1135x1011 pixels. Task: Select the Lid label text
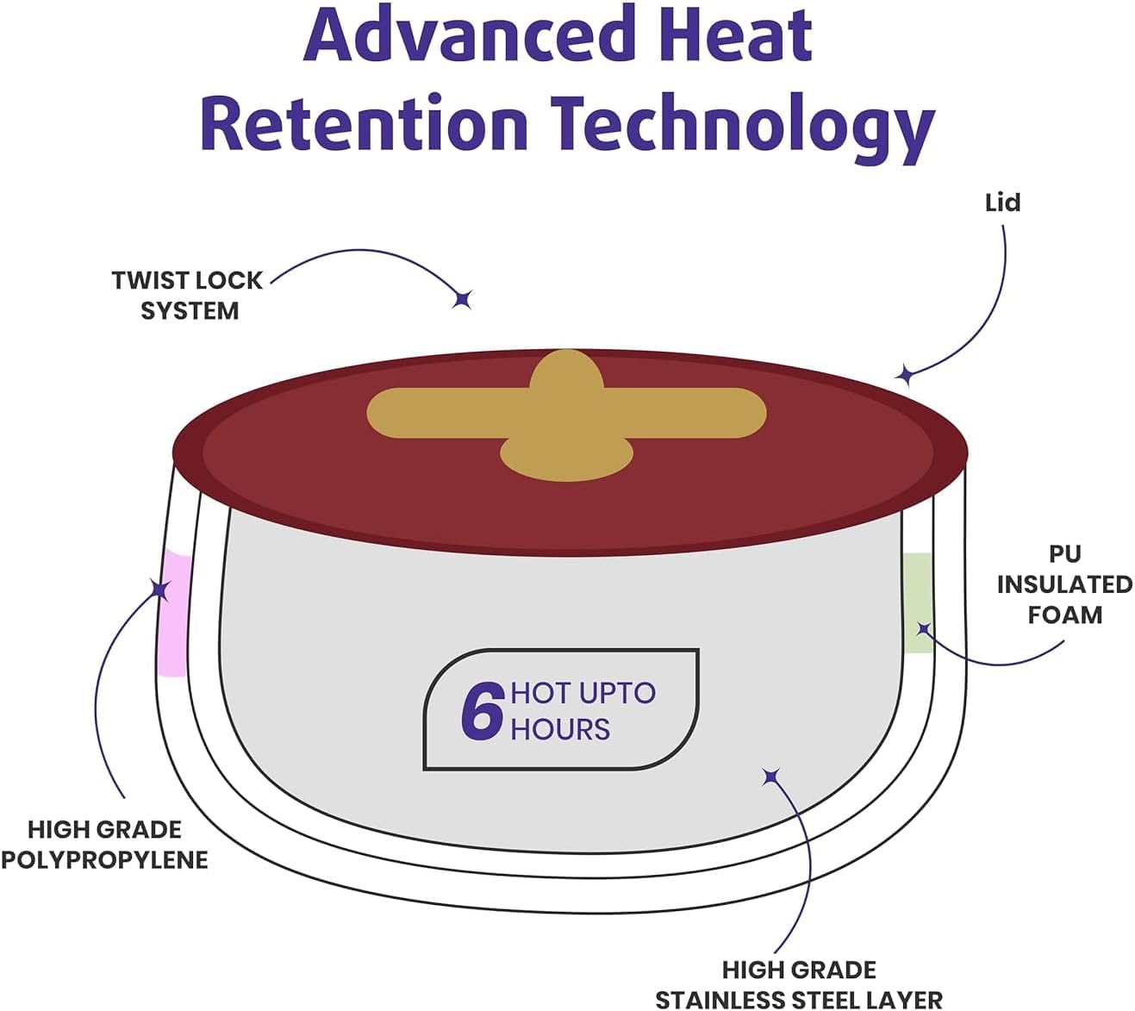point(1002,203)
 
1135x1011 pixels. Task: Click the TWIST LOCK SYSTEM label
point(188,296)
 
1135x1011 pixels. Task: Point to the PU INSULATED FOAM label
point(1064,584)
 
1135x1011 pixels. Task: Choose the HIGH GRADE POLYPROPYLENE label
point(105,845)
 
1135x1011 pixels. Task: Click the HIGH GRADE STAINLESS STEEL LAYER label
point(799,984)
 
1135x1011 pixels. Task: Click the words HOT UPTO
point(583,693)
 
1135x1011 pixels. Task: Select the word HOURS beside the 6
point(560,730)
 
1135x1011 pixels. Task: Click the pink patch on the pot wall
point(173,615)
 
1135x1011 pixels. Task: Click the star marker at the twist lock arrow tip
point(463,299)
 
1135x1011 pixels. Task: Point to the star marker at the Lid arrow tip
point(905,374)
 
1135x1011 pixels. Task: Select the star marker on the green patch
point(924,629)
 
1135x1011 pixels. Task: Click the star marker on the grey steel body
point(771,777)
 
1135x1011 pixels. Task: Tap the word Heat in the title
point(736,34)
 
